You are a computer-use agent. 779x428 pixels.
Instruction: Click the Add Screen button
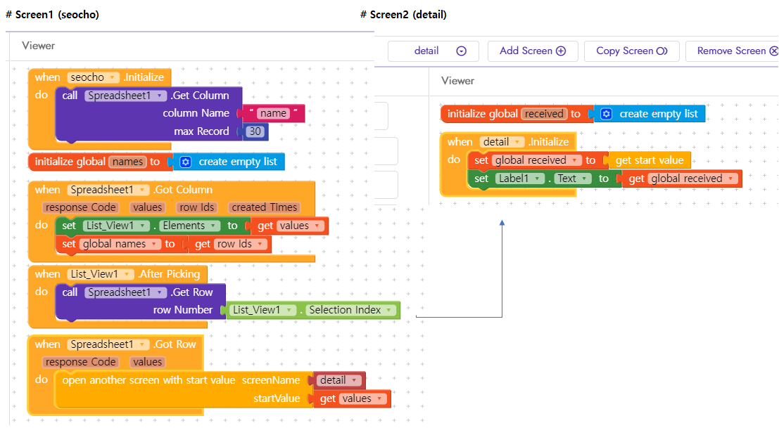pyautogui.click(x=533, y=51)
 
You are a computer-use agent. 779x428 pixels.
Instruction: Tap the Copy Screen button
pyautogui.click(x=631, y=51)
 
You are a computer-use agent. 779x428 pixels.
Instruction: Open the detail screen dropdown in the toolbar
pyautogui.click(x=433, y=51)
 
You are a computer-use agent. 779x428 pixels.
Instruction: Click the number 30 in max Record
pyautogui.click(x=255, y=131)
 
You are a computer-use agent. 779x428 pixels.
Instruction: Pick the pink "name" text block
pyautogui.click(x=273, y=114)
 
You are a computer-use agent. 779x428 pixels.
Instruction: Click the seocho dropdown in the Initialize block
pyautogui.click(x=94, y=77)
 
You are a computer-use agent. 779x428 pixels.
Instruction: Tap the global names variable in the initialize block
pyautogui.click(x=127, y=162)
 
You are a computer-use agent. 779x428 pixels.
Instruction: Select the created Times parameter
pyautogui.click(x=265, y=207)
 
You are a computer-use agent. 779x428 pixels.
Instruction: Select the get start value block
pyautogui.click(x=649, y=160)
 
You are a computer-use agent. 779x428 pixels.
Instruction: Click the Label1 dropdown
pyautogui.click(x=519, y=179)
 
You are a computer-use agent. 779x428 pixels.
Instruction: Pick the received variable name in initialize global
pyautogui.click(x=544, y=114)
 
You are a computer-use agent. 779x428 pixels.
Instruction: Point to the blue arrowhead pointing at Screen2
pyautogui.click(x=502, y=223)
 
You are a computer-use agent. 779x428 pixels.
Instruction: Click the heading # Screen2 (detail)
pyautogui.click(x=403, y=14)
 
